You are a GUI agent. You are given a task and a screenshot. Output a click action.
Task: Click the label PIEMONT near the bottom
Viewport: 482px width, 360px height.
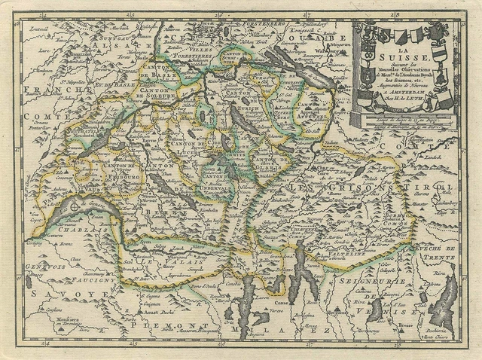point(154,322)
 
